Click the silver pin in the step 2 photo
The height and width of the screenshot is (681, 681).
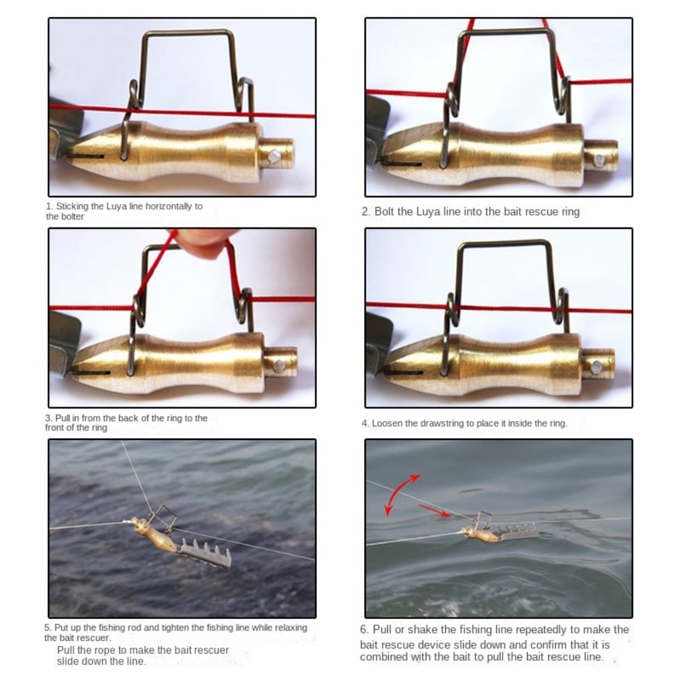[602, 159]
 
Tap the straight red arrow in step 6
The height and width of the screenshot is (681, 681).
[436, 512]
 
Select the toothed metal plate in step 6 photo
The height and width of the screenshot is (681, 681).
[516, 532]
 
